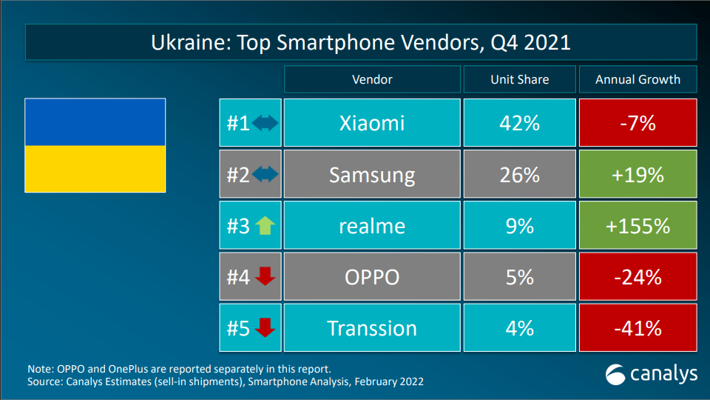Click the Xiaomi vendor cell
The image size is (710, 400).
[x=371, y=122]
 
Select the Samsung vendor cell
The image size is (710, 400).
[x=371, y=175]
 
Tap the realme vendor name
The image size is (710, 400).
[x=371, y=225]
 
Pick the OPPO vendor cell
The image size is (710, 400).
[x=371, y=276]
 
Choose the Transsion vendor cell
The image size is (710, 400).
[x=371, y=327]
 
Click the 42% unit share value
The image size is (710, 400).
[x=518, y=122]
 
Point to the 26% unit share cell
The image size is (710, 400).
[x=518, y=175]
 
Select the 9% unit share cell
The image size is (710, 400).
[x=518, y=225]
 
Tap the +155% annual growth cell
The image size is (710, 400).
[x=638, y=225]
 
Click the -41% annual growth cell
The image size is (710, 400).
[x=638, y=327]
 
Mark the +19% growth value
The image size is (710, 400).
[x=638, y=175]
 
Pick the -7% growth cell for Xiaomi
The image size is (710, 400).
[x=638, y=122]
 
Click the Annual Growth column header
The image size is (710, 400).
[x=638, y=79]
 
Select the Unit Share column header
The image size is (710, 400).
[x=518, y=79]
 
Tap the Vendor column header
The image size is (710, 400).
[x=371, y=79]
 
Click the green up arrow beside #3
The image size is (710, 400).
[x=264, y=226]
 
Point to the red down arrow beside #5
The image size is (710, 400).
[x=264, y=327]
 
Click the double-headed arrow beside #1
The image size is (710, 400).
[x=265, y=123]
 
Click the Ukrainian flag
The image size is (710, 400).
[x=95, y=145]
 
